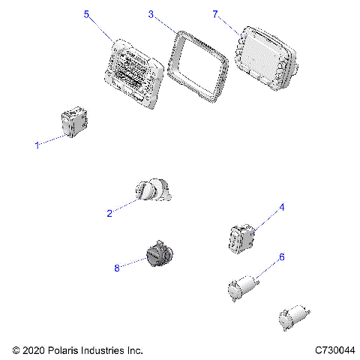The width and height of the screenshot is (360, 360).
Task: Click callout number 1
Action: pyautogui.click(x=37, y=145)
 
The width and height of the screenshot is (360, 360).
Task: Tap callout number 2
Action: pyautogui.click(x=109, y=213)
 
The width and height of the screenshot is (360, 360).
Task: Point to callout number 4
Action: pyautogui.click(x=282, y=208)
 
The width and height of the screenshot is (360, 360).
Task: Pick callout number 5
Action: pyautogui.click(x=86, y=14)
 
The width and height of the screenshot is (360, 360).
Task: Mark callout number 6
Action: pyautogui.click(x=282, y=257)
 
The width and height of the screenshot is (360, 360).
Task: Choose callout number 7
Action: pyautogui.click(x=215, y=14)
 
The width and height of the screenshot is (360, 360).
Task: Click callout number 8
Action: pyautogui.click(x=117, y=266)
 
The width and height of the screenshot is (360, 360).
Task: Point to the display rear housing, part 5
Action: pyautogui.click(x=133, y=70)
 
